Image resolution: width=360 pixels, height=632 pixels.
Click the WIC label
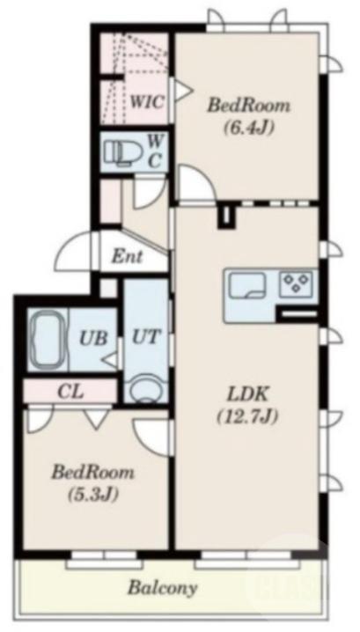pyautogui.click(x=147, y=101)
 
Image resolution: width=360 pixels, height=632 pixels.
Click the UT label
pyautogui.click(x=145, y=336)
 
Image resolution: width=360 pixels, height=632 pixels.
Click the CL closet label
pyautogui.click(x=70, y=391)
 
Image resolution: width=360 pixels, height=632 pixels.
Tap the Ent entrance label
pyautogui.click(x=127, y=255)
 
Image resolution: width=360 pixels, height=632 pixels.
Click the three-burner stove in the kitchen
pyautogui.click(x=297, y=282)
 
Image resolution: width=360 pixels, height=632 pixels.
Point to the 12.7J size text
pyautogui.click(x=247, y=416)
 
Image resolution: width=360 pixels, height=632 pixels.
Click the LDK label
pyautogui.click(x=247, y=395)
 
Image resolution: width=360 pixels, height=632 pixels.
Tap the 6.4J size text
pyautogui.click(x=249, y=128)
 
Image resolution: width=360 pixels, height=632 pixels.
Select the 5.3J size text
pyautogui.click(x=93, y=494)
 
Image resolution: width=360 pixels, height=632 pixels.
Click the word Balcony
pyautogui.click(x=163, y=588)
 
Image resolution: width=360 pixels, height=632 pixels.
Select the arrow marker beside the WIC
pyautogui.click(x=182, y=91)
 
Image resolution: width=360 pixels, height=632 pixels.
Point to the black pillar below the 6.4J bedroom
pyautogui.click(x=226, y=217)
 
